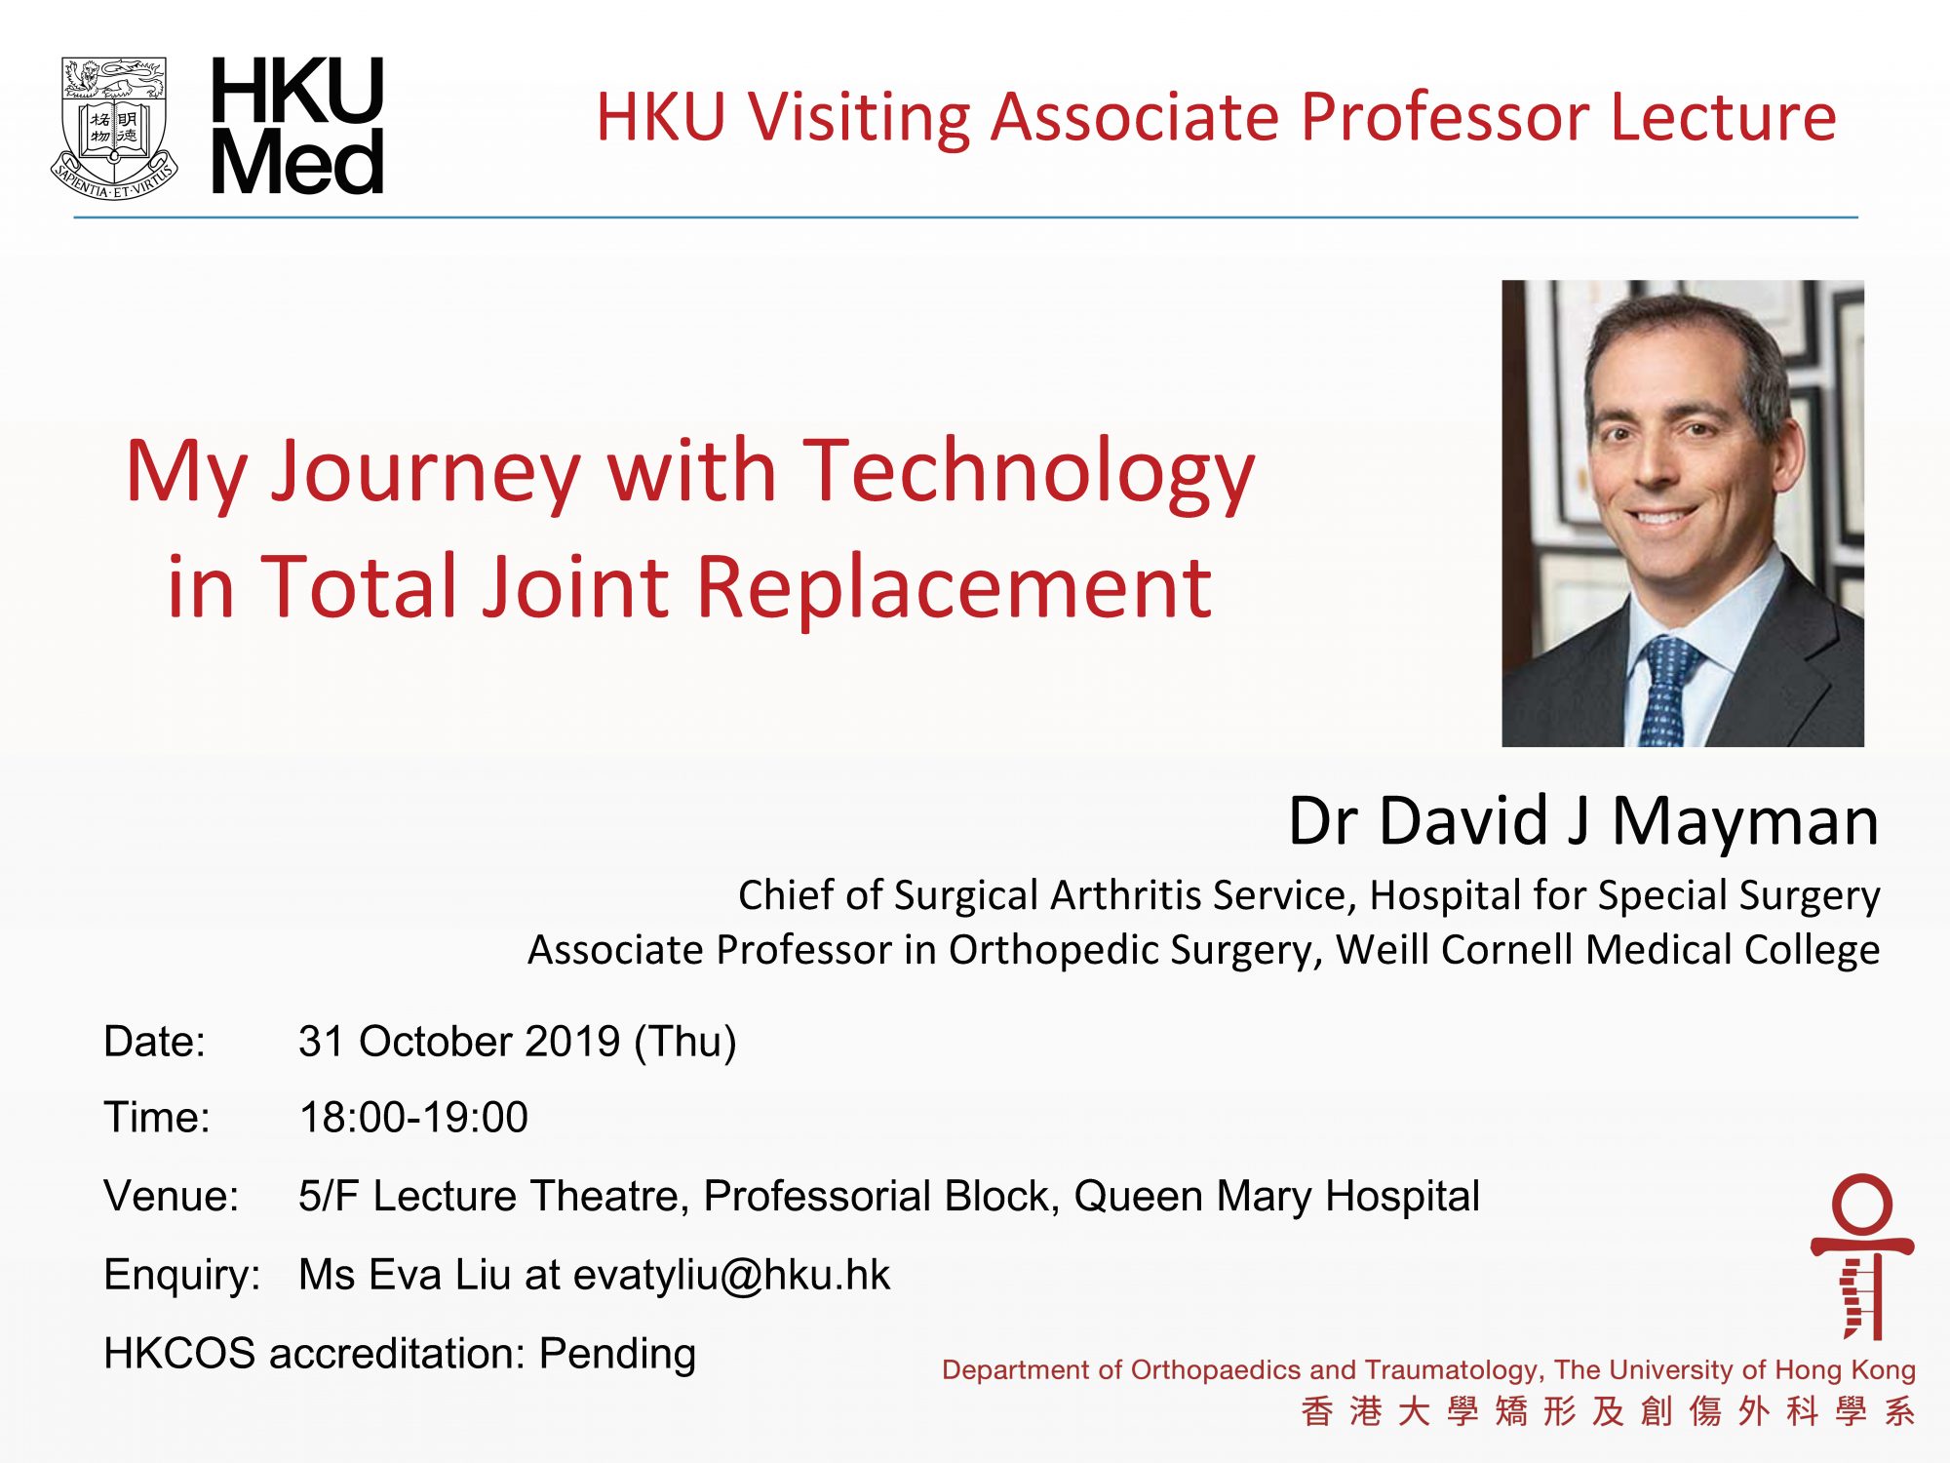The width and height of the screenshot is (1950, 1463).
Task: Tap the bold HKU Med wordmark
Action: (297, 125)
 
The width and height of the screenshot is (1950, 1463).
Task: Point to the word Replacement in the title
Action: (954, 587)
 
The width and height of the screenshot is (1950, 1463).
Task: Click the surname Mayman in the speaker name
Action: (1745, 821)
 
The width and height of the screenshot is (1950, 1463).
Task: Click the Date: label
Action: (155, 1042)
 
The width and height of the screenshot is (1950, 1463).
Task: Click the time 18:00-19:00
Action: (413, 1118)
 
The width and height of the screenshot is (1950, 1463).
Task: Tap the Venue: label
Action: (172, 1196)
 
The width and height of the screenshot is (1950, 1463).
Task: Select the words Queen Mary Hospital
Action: (1276, 1197)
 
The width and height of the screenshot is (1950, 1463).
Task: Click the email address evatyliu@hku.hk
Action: (731, 1275)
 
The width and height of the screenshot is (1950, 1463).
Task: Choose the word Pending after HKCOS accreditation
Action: (617, 1354)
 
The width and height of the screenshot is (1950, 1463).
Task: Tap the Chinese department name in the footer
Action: (1608, 1411)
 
